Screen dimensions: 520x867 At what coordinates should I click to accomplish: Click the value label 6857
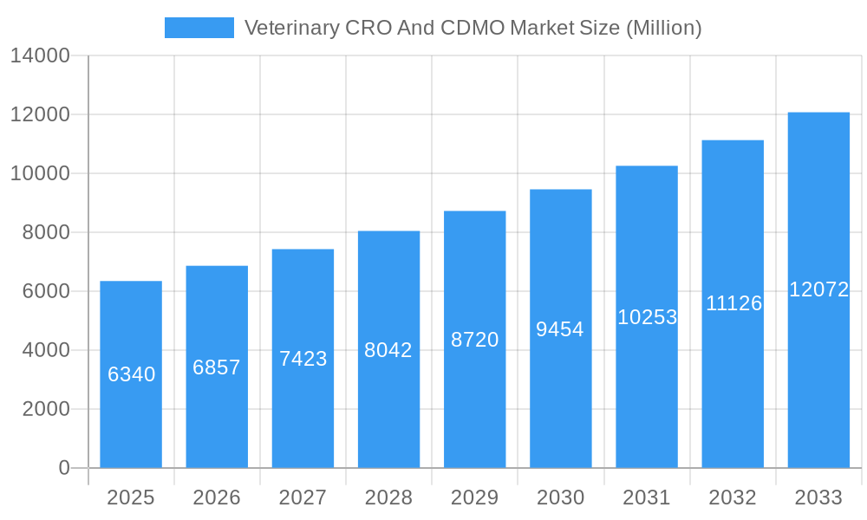coord(217,367)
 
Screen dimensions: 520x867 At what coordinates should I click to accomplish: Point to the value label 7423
coord(303,359)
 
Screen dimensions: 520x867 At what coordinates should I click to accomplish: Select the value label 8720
coord(474,340)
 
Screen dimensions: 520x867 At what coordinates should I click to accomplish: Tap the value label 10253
coord(647,317)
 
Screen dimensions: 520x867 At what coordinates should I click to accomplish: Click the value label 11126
coord(733,303)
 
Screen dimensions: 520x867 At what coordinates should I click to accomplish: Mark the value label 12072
coord(818,289)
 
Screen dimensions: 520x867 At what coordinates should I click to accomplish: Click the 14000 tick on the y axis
coord(40,56)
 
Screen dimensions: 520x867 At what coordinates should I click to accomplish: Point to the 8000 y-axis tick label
coord(46,232)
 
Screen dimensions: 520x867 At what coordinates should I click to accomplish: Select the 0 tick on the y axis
coord(64,468)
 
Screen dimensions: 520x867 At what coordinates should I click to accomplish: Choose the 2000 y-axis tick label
coord(46,409)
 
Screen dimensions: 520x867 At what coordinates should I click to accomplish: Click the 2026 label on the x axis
coord(217,497)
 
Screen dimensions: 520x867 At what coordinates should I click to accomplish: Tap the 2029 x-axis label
coord(474,497)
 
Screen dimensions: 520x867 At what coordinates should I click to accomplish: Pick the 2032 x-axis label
coord(733,497)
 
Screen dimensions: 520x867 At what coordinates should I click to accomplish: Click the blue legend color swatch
coord(199,28)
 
